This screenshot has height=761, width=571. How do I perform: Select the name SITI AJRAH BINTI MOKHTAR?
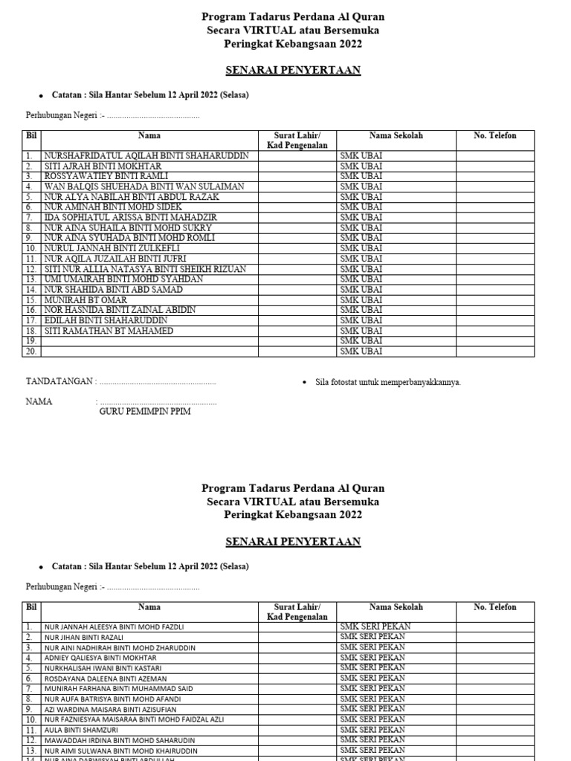[x=103, y=166]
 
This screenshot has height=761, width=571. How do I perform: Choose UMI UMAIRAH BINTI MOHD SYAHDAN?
[x=123, y=279]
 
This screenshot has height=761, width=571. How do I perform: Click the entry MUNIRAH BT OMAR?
[x=86, y=299]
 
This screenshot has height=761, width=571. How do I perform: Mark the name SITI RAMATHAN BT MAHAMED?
[x=109, y=331]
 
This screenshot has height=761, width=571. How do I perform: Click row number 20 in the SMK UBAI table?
[x=32, y=352]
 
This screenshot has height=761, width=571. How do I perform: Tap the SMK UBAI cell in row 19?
[x=361, y=341]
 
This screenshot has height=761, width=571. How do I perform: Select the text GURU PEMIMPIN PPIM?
[x=145, y=412]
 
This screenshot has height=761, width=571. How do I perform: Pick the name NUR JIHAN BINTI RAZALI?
[x=84, y=638]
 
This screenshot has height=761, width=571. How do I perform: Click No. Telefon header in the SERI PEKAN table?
[x=495, y=607]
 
